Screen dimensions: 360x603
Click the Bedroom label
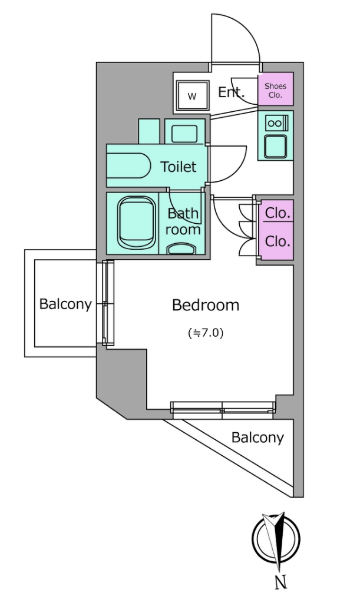coord(206,305)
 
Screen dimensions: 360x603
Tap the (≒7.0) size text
coord(206,333)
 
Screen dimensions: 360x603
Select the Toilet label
coord(178,167)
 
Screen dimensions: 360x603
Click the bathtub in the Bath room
coord(137,223)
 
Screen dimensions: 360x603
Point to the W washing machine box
coord(192,96)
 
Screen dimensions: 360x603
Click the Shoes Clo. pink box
coord(275,89)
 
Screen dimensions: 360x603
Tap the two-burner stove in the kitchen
coord(275,123)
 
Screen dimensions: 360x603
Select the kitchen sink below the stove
coord(275,146)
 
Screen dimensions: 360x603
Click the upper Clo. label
coord(278,213)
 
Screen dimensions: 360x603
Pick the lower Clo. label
coord(278,241)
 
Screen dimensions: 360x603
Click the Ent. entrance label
coord(232,92)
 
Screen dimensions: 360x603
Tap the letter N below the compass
coord(281,582)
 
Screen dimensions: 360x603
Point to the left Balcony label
coord(66,304)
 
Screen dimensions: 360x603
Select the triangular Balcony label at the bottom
coord(257,438)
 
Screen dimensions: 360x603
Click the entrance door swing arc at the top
coord(236,38)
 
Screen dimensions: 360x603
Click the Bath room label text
coord(183,221)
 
